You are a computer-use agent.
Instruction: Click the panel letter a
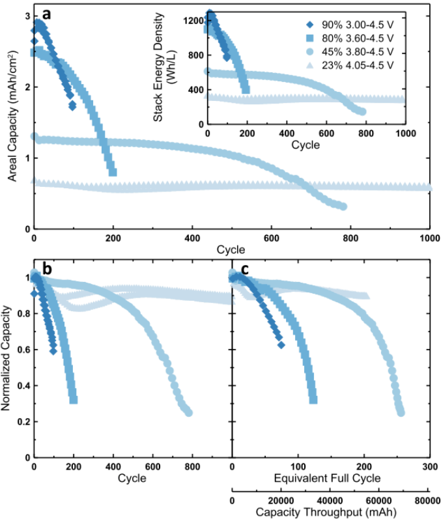tap(47, 14)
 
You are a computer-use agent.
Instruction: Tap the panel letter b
tap(47, 268)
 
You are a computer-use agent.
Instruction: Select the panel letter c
tap(246, 268)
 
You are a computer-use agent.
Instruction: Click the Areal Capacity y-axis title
tap(12, 121)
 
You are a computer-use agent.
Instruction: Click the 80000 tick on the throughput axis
tap(428, 500)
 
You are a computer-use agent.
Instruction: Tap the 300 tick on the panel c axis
tap(428, 466)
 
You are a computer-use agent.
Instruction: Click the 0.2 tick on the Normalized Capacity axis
tap(24, 422)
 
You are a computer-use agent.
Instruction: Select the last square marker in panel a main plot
tap(113, 172)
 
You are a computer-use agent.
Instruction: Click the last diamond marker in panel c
tap(281, 345)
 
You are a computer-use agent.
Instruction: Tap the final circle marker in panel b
tap(188, 412)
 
